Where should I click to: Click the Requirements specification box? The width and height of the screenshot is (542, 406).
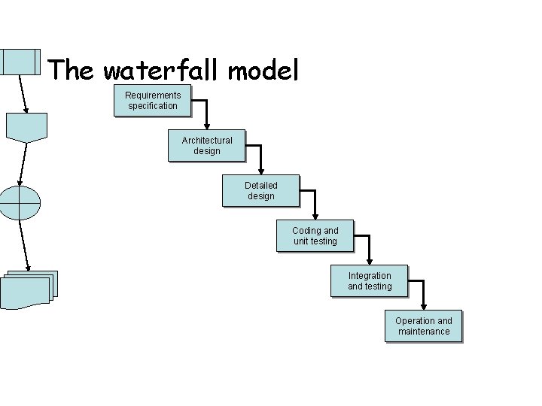point(153,101)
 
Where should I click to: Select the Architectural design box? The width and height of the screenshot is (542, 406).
point(207,146)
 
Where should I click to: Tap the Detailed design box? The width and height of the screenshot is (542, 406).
point(261,191)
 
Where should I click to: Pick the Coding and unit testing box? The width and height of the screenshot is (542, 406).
point(315,236)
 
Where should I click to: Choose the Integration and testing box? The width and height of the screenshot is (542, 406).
point(370,281)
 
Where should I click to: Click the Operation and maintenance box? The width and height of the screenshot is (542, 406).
point(424,326)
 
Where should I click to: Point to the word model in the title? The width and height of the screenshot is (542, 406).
point(263,71)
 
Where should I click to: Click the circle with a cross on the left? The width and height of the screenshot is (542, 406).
point(20,201)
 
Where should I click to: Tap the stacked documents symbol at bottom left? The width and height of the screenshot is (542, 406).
point(28,289)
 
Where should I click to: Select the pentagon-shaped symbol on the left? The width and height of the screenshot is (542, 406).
point(26,126)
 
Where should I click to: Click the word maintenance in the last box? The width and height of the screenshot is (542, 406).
point(424,332)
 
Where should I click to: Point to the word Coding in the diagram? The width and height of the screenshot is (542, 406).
point(306,231)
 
